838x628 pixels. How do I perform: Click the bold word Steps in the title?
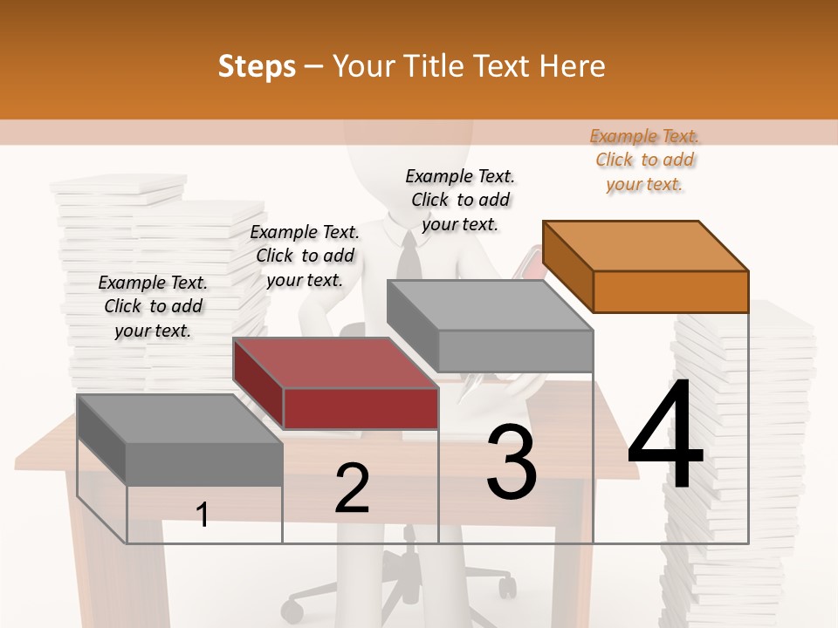(x=257, y=66)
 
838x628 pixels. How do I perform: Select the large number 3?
(x=512, y=462)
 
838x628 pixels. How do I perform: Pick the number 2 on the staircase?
(x=352, y=488)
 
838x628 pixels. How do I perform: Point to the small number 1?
(x=203, y=515)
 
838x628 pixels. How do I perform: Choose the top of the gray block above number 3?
(x=490, y=305)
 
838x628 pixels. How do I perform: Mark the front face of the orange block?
(x=670, y=291)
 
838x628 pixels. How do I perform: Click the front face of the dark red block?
(x=361, y=408)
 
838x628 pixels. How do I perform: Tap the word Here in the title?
(x=573, y=66)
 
